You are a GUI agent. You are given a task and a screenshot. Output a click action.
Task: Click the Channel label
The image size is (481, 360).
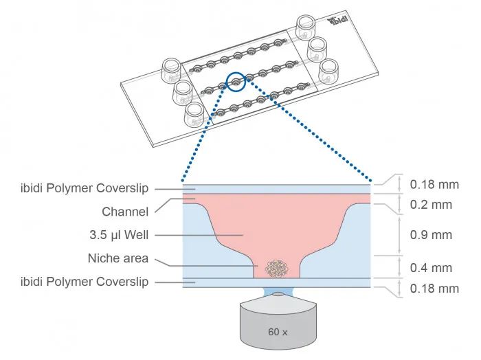pyautogui.click(x=125, y=212)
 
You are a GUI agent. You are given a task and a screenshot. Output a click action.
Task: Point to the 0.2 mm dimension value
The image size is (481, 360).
pyautogui.click(x=431, y=204)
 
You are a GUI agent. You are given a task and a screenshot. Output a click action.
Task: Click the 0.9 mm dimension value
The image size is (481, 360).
pyautogui.click(x=431, y=235)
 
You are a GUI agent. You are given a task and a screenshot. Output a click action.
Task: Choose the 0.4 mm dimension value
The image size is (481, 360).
pyautogui.click(x=431, y=268)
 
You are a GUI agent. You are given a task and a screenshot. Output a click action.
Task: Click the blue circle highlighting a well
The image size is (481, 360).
pyautogui.click(x=236, y=82)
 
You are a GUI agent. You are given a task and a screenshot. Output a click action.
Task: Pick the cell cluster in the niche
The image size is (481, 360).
pyautogui.click(x=278, y=268)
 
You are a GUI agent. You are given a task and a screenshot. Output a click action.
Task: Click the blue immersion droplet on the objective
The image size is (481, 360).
pyautogui.click(x=277, y=293)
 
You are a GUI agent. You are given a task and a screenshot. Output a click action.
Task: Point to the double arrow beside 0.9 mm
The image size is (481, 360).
pyautogui.click(x=399, y=235)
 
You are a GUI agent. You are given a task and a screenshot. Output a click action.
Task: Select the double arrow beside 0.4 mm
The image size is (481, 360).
pyautogui.click(x=399, y=267)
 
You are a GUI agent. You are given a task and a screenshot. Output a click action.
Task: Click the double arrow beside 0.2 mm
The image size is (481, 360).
pyautogui.click(x=399, y=204)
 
